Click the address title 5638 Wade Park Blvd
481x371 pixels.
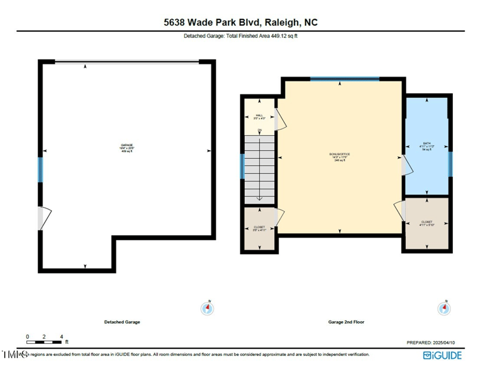point(240,22)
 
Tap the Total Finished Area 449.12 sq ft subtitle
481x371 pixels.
point(240,36)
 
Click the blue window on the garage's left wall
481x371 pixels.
point(41,170)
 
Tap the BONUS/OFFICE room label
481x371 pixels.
point(340,157)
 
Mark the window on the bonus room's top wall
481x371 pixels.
point(345,79)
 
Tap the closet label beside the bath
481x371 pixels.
point(427,223)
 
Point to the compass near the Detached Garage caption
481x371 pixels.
point(207,308)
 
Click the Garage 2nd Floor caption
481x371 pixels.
point(346,322)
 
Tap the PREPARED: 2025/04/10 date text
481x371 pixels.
point(434,342)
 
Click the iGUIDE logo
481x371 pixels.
point(443,355)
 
